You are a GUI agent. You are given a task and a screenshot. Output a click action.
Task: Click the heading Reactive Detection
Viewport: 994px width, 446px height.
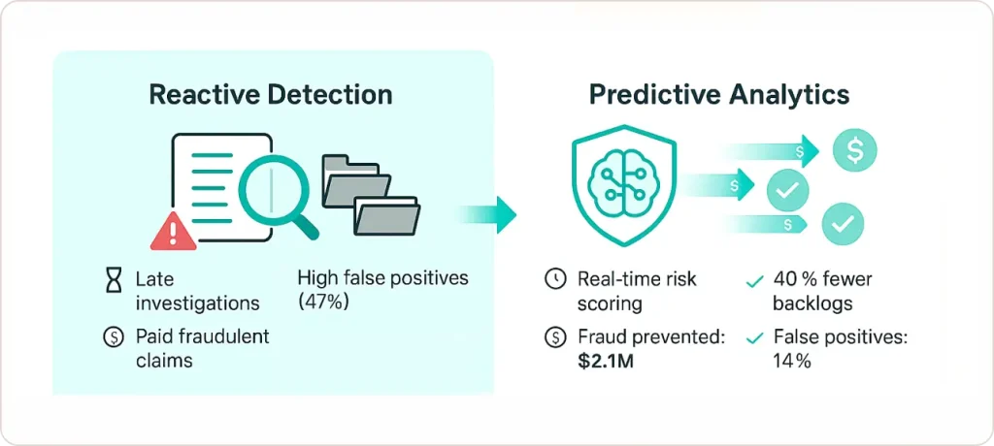point(271,95)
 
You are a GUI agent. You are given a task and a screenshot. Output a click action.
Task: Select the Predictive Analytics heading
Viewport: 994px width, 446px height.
point(719,95)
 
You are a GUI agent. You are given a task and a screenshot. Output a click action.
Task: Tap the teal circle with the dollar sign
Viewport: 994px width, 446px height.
point(855,150)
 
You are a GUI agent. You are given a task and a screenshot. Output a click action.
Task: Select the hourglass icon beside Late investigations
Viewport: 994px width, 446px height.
point(115,281)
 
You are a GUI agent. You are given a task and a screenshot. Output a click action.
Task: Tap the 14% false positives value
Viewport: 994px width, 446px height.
point(792,361)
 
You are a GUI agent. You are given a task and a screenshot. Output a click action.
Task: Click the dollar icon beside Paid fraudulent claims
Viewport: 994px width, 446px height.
point(115,337)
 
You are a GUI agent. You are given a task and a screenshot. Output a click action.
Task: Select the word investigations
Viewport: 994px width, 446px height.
point(198,303)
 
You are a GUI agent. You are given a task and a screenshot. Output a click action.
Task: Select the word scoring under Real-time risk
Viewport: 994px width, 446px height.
point(610,303)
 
